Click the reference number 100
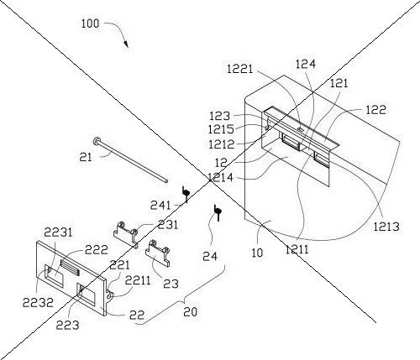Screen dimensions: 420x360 click(x=90, y=23)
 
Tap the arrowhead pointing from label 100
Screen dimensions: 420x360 click(x=126, y=44)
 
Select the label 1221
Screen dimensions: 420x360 click(x=239, y=69)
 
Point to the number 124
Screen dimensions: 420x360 click(x=306, y=64)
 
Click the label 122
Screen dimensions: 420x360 click(x=376, y=110)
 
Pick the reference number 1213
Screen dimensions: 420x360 click(x=386, y=227)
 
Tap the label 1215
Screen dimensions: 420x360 click(x=221, y=129)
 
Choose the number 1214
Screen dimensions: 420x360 click(x=220, y=177)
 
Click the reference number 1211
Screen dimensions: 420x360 click(x=297, y=249)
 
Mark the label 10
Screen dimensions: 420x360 click(x=257, y=253)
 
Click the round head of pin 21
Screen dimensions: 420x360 click(x=97, y=141)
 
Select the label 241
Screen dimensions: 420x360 click(x=160, y=206)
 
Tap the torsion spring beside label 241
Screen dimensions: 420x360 click(x=186, y=194)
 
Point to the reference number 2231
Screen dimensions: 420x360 click(x=58, y=232)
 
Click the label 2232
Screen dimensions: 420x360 click(x=38, y=302)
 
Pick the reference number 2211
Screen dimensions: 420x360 click(x=138, y=280)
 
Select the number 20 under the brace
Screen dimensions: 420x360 click(x=191, y=311)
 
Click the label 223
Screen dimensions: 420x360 click(x=68, y=325)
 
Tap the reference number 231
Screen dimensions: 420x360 click(x=168, y=224)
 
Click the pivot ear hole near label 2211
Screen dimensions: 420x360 click(x=110, y=295)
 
